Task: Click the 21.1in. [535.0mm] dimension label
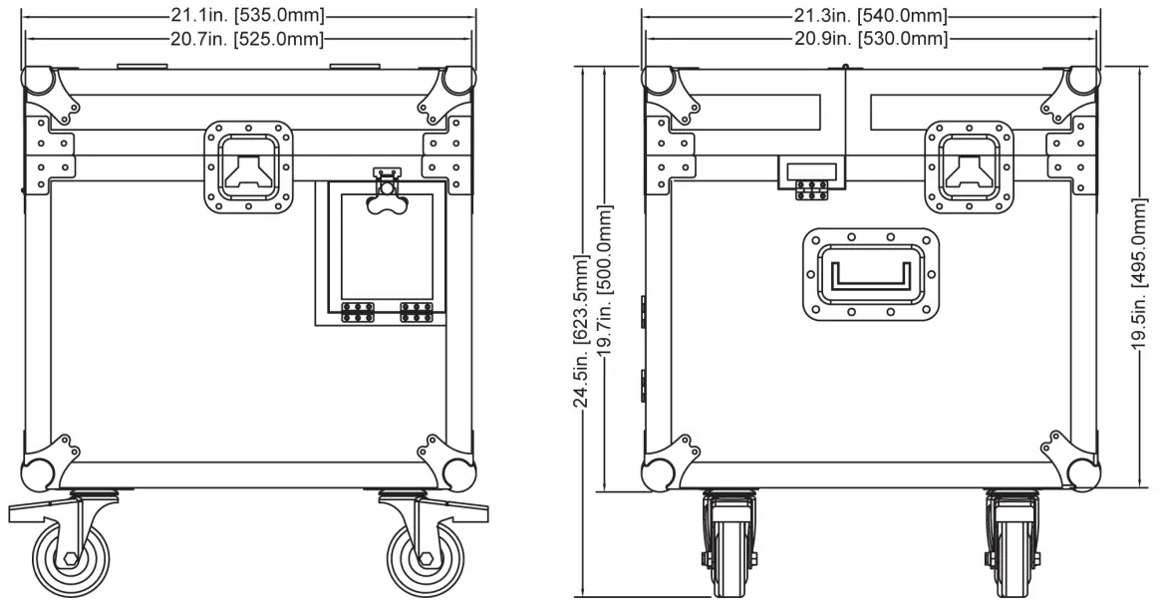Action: pyautogui.click(x=248, y=16)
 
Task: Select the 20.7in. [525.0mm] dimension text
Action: pyautogui.click(x=248, y=38)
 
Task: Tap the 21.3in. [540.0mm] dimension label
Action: pyautogui.click(x=870, y=16)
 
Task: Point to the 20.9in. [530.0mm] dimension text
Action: pyautogui.click(x=870, y=38)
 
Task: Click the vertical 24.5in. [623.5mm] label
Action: pyautogui.click(x=582, y=329)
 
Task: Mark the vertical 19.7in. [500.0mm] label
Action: pyautogui.click(x=604, y=279)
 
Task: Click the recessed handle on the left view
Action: pyautogui.click(x=250, y=166)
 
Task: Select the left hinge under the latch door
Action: pyautogui.click(x=356, y=312)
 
